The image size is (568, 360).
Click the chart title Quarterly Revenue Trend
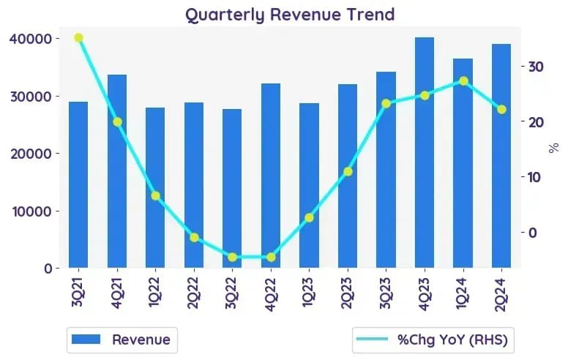click(x=290, y=15)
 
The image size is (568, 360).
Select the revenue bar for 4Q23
click(x=425, y=152)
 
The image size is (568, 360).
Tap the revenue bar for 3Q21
click(x=78, y=184)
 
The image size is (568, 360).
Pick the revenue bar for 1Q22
click(x=155, y=187)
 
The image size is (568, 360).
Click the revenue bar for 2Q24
click(x=501, y=156)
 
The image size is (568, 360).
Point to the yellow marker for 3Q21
click(x=78, y=37)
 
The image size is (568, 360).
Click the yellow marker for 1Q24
click(x=463, y=80)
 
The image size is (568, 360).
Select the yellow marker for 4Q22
click(x=271, y=257)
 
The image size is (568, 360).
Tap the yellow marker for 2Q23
click(x=348, y=172)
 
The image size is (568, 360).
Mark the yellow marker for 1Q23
click(x=309, y=217)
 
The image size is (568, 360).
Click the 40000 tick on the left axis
click(x=31, y=39)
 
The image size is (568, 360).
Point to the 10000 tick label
click(x=32, y=211)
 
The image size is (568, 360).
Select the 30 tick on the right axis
click(x=536, y=67)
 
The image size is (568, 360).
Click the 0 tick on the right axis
click(x=533, y=233)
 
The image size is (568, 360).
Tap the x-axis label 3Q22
click(x=232, y=293)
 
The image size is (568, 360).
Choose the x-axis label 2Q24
click(x=501, y=294)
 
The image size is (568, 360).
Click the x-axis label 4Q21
click(x=117, y=293)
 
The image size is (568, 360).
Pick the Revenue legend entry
click(x=122, y=340)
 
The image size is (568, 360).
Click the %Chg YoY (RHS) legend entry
click(x=433, y=340)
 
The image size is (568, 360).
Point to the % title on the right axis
click(x=554, y=148)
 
